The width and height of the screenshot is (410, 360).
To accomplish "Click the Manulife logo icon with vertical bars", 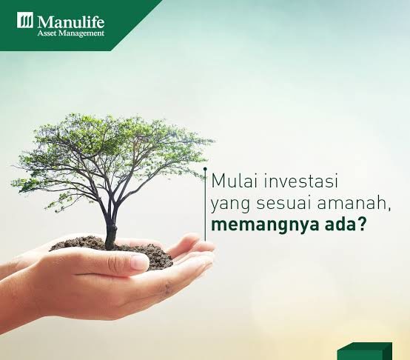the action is (x=25, y=20).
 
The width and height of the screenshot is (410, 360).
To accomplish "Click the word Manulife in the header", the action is (x=71, y=21).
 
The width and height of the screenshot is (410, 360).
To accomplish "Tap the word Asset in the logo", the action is (x=47, y=33).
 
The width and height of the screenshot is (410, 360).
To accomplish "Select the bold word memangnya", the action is (x=266, y=226).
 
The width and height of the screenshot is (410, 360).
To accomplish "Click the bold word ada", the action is (x=338, y=224).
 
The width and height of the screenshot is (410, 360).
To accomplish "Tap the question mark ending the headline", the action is (x=360, y=224).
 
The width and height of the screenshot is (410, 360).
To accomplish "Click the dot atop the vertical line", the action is (x=205, y=170).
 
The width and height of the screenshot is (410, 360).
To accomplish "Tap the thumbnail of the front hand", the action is (x=139, y=262).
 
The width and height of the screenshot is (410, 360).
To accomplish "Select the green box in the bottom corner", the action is (x=365, y=351).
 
